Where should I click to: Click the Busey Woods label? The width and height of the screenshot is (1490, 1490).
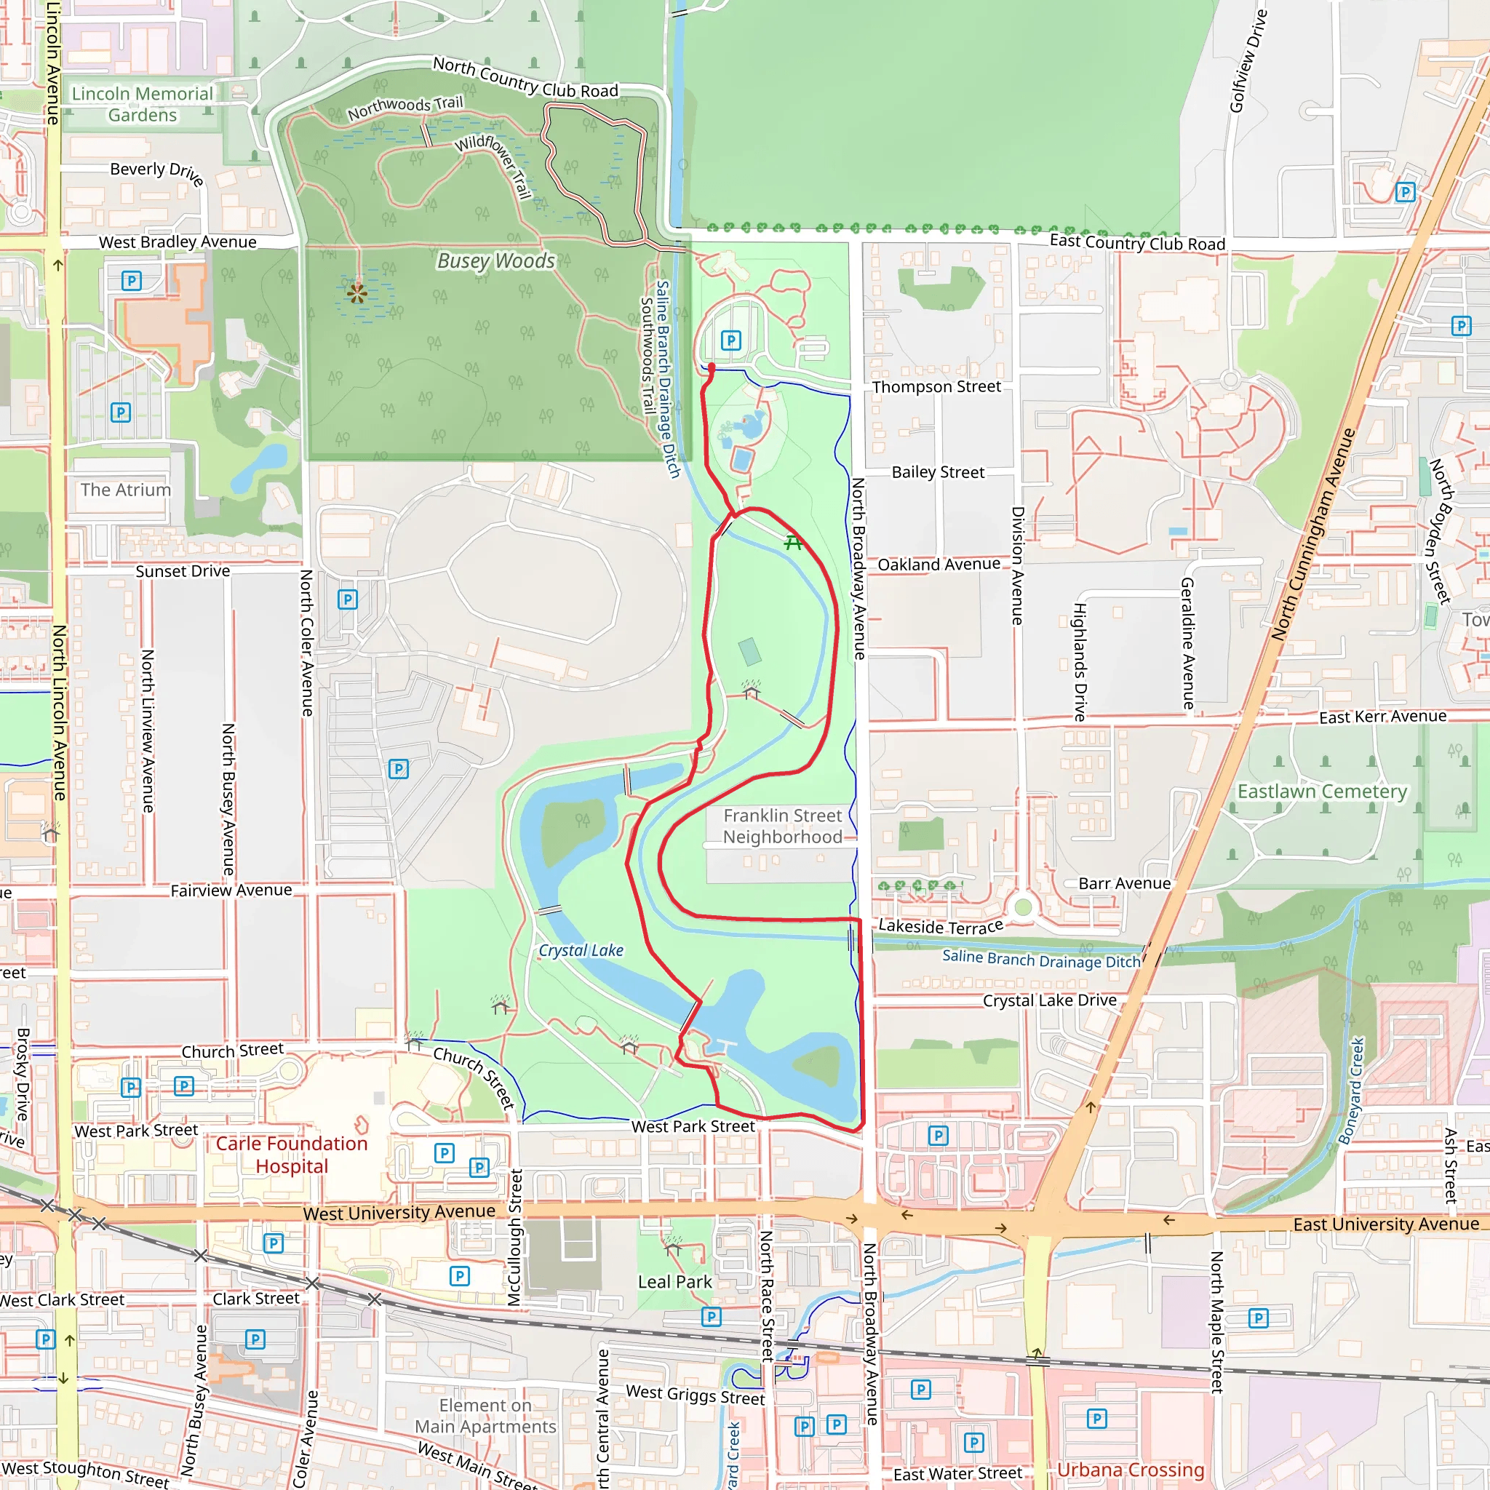[496, 260]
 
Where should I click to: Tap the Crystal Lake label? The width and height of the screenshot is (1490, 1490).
[581, 950]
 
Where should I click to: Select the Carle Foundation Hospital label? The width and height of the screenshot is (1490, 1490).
[292, 1155]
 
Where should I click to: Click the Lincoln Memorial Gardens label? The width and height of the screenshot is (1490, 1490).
[143, 104]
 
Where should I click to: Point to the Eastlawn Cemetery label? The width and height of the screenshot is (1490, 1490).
[1322, 792]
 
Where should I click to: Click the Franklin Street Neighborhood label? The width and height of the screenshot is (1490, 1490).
[782, 826]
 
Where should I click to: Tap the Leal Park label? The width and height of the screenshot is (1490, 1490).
[675, 1282]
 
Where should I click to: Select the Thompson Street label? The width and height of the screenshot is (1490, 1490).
[936, 386]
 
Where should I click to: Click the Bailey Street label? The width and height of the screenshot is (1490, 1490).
[938, 472]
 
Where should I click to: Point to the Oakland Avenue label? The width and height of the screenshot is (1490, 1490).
[939, 565]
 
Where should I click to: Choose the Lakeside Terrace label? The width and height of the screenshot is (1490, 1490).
[941, 925]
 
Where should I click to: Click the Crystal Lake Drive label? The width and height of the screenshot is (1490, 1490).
[1049, 1000]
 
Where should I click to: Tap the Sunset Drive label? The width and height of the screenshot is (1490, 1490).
[183, 571]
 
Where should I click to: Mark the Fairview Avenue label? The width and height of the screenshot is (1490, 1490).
[231, 890]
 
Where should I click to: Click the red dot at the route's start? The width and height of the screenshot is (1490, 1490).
[711, 368]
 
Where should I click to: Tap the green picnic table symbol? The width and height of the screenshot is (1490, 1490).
[793, 543]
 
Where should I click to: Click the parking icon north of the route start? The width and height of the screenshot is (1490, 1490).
[730, 340]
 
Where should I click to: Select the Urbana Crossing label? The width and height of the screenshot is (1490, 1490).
[1130, 1470]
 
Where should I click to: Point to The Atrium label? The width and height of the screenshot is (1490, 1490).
[126, 490]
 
